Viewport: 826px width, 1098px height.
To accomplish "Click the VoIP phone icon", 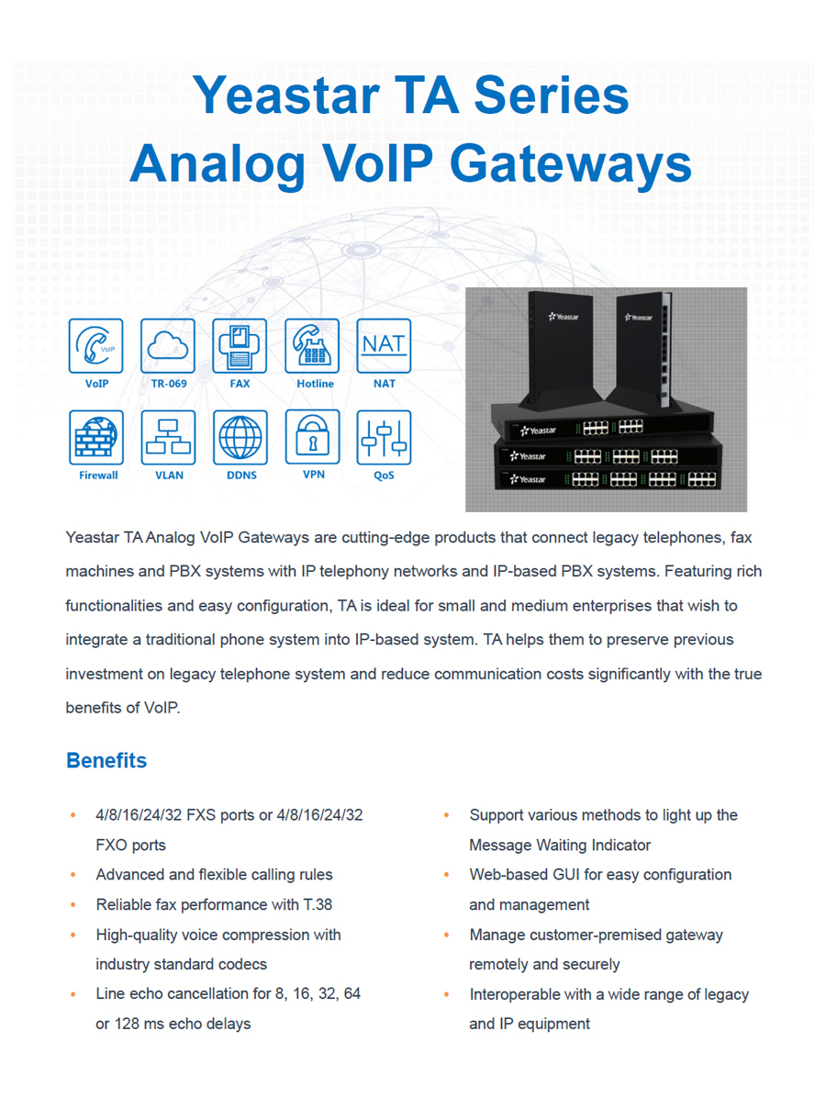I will pos(96,346).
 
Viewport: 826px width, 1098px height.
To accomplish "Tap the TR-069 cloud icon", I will pos(168,346).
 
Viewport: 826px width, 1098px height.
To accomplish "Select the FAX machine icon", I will pos(240,346).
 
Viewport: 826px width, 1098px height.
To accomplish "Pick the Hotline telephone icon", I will pos(312,346).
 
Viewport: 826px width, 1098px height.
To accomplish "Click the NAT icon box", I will pos(384,346).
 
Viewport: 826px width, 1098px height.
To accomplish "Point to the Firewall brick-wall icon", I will pos(96,437).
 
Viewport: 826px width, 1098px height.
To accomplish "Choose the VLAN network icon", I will pos(168,437).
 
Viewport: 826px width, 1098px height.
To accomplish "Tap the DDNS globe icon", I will pos(240,437).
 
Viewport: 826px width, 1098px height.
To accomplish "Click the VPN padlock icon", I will pos(312,437).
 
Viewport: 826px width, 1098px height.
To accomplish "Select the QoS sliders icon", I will pos(384,437).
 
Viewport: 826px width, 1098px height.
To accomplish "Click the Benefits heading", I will pos(106,761).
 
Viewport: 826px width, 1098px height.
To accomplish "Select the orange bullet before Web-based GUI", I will pos(446,875).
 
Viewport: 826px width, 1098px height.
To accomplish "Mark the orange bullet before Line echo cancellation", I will pos(73,994).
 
